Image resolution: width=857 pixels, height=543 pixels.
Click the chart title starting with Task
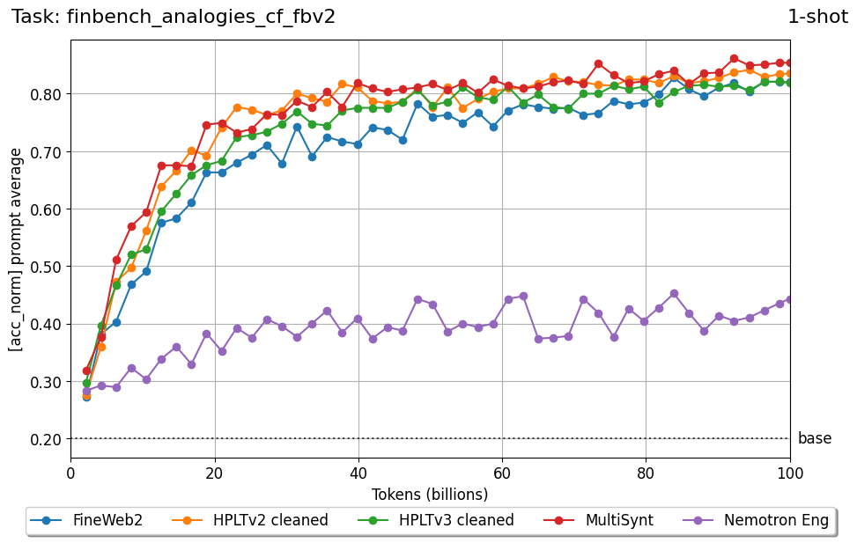[x=174, y=16]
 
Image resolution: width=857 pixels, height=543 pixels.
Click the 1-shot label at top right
[x=817, y=16]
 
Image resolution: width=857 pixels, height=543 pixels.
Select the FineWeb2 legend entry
[x=86, y=520]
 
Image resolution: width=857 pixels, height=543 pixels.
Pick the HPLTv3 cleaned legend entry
[x=434, y=520]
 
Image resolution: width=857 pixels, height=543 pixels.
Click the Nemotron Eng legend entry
[x=756, y=520]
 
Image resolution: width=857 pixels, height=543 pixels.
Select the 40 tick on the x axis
[x=358, y=473]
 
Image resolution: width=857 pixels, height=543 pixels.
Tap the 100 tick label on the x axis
[x=790, y=473]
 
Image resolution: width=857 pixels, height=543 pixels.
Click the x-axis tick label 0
[x=71, y=473]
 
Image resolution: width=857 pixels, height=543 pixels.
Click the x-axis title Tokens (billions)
[x=430, y=494]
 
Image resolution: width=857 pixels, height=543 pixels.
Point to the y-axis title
[x=16, y=249]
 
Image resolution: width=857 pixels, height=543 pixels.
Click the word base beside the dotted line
[x=815, y=438]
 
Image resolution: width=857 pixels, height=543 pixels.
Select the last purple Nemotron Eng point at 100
[x=790, y=299]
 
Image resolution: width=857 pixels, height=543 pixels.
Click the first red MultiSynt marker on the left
[x=86, y=371]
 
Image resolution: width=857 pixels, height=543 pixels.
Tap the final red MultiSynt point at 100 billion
[x=790, y=62]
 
